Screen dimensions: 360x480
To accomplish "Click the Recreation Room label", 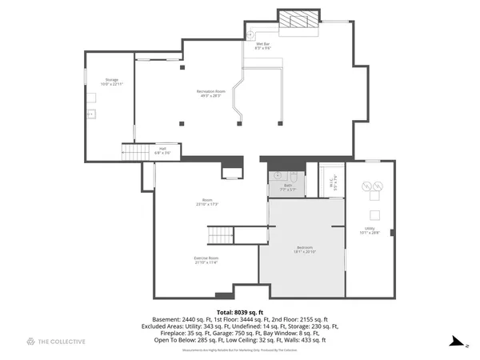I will pyautogui.click(x=211, y=94).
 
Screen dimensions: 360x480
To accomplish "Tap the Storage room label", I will pyautogui.click(x=112, y=82).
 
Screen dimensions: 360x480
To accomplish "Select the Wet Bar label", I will pyautogui.click(x=263, y=46).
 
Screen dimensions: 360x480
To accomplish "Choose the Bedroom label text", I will pyautogui.click(x=305, y=249).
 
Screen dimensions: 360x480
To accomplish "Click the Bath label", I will pyautogui.click(x=286, y=187).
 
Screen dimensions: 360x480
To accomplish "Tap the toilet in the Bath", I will pyautogui.click(x=294, y=176).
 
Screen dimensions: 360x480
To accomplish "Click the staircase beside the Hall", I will pyautogui.click(x=132, y=150).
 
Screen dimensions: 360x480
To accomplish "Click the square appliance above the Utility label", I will pyautogui.click(x=373, y=214).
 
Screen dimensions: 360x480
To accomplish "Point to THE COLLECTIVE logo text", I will pyautogui.click(x=63, y=342).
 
